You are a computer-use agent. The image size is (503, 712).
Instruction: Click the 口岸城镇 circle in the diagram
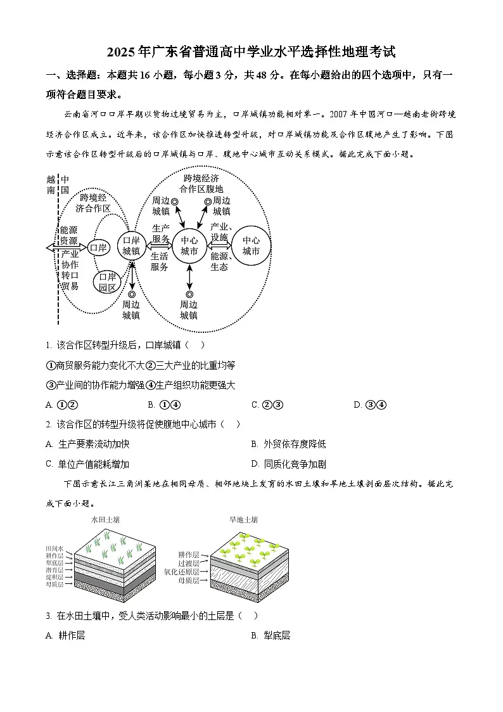point(131,245)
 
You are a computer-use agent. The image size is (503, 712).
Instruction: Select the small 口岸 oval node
point(98,247)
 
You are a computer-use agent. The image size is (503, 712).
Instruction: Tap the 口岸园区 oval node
point(108,282)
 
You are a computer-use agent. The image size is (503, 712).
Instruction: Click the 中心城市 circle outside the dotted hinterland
point(251,245)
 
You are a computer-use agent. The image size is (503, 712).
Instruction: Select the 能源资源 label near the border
point(68,236)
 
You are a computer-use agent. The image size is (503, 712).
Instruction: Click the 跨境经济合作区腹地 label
point(201,183)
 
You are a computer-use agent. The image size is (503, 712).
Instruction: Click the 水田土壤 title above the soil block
point(106,520)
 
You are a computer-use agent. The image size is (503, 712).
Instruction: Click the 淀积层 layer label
point(54,577)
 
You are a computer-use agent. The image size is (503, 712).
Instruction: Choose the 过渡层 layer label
point(188,563)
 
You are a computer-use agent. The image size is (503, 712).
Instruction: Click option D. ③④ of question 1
point(370,405)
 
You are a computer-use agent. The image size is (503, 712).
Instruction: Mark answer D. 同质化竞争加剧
point(288,464)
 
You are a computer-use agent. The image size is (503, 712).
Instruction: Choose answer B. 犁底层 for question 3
point(271,635)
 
